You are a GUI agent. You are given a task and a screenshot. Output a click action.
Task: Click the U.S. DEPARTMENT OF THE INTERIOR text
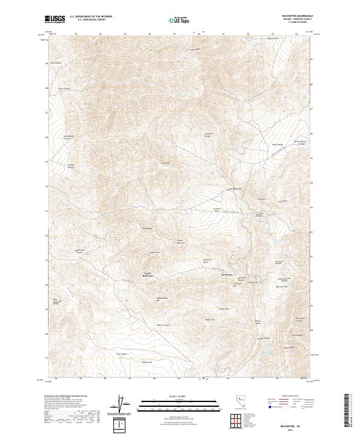(x=90, y=17)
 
